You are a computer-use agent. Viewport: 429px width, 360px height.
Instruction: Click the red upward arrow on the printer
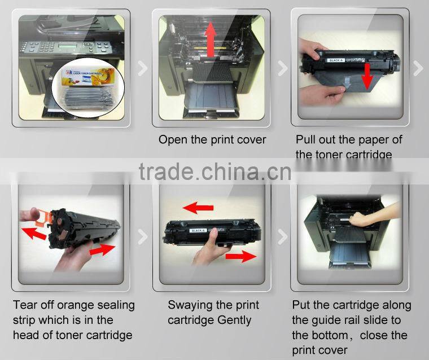(211, 41)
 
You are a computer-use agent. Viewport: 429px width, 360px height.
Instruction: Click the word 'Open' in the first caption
(172, 139)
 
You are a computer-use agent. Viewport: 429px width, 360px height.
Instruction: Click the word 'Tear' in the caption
(25, 305)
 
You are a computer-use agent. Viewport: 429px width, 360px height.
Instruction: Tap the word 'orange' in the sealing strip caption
(72, 305)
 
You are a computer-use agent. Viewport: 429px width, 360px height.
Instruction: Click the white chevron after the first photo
(143, 69)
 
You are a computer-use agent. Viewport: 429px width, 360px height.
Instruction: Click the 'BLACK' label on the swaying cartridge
(199, 231)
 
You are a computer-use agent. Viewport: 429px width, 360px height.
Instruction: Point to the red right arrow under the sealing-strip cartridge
(104, 249)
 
